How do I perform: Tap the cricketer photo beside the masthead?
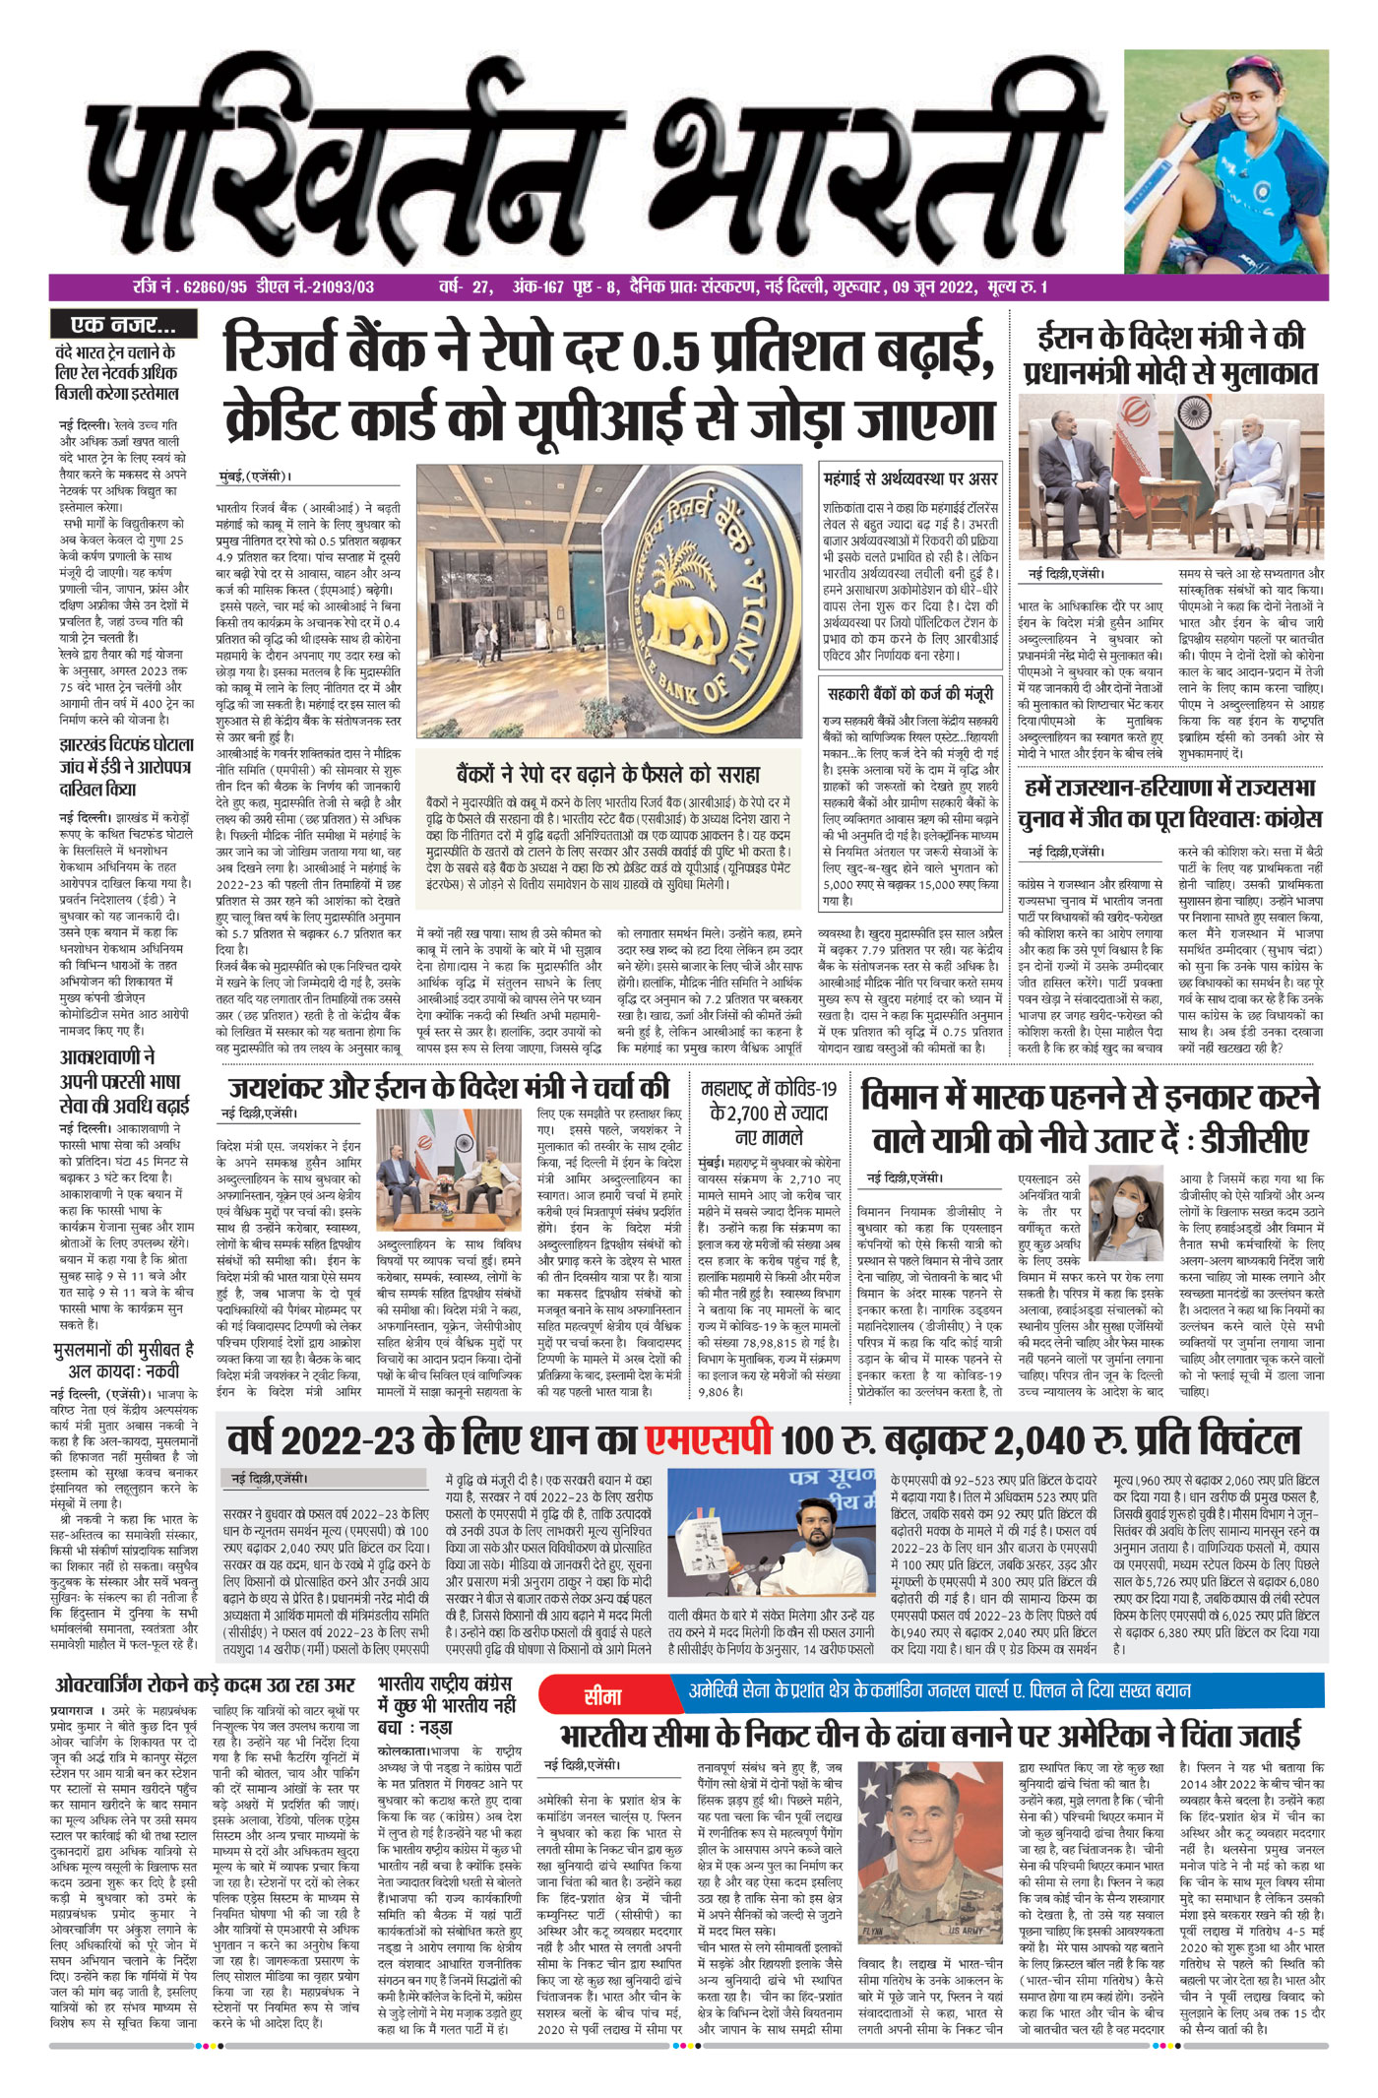(x=1225, y=162)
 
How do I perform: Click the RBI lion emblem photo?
(x=610, y=601)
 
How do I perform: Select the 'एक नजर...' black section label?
(x=124, y=324)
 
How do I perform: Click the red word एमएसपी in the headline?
(x=708, y=1440)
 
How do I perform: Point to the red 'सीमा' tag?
(x=602, y=1696)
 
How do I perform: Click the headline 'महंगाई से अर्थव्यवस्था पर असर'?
(x=909, y=479)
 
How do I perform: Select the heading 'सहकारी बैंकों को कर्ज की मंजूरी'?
(x=909, y=694)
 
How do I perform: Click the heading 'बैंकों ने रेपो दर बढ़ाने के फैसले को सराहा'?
(x=608, y=773)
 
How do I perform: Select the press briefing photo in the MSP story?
(x=776, y=1539)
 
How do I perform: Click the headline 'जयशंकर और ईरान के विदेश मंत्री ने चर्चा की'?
(x=450, y=1088)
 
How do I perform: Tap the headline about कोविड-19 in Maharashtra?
(x=769, y=1113)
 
